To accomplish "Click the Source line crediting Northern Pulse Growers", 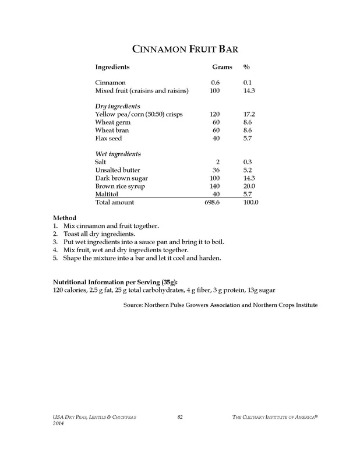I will [x=220, y=304].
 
